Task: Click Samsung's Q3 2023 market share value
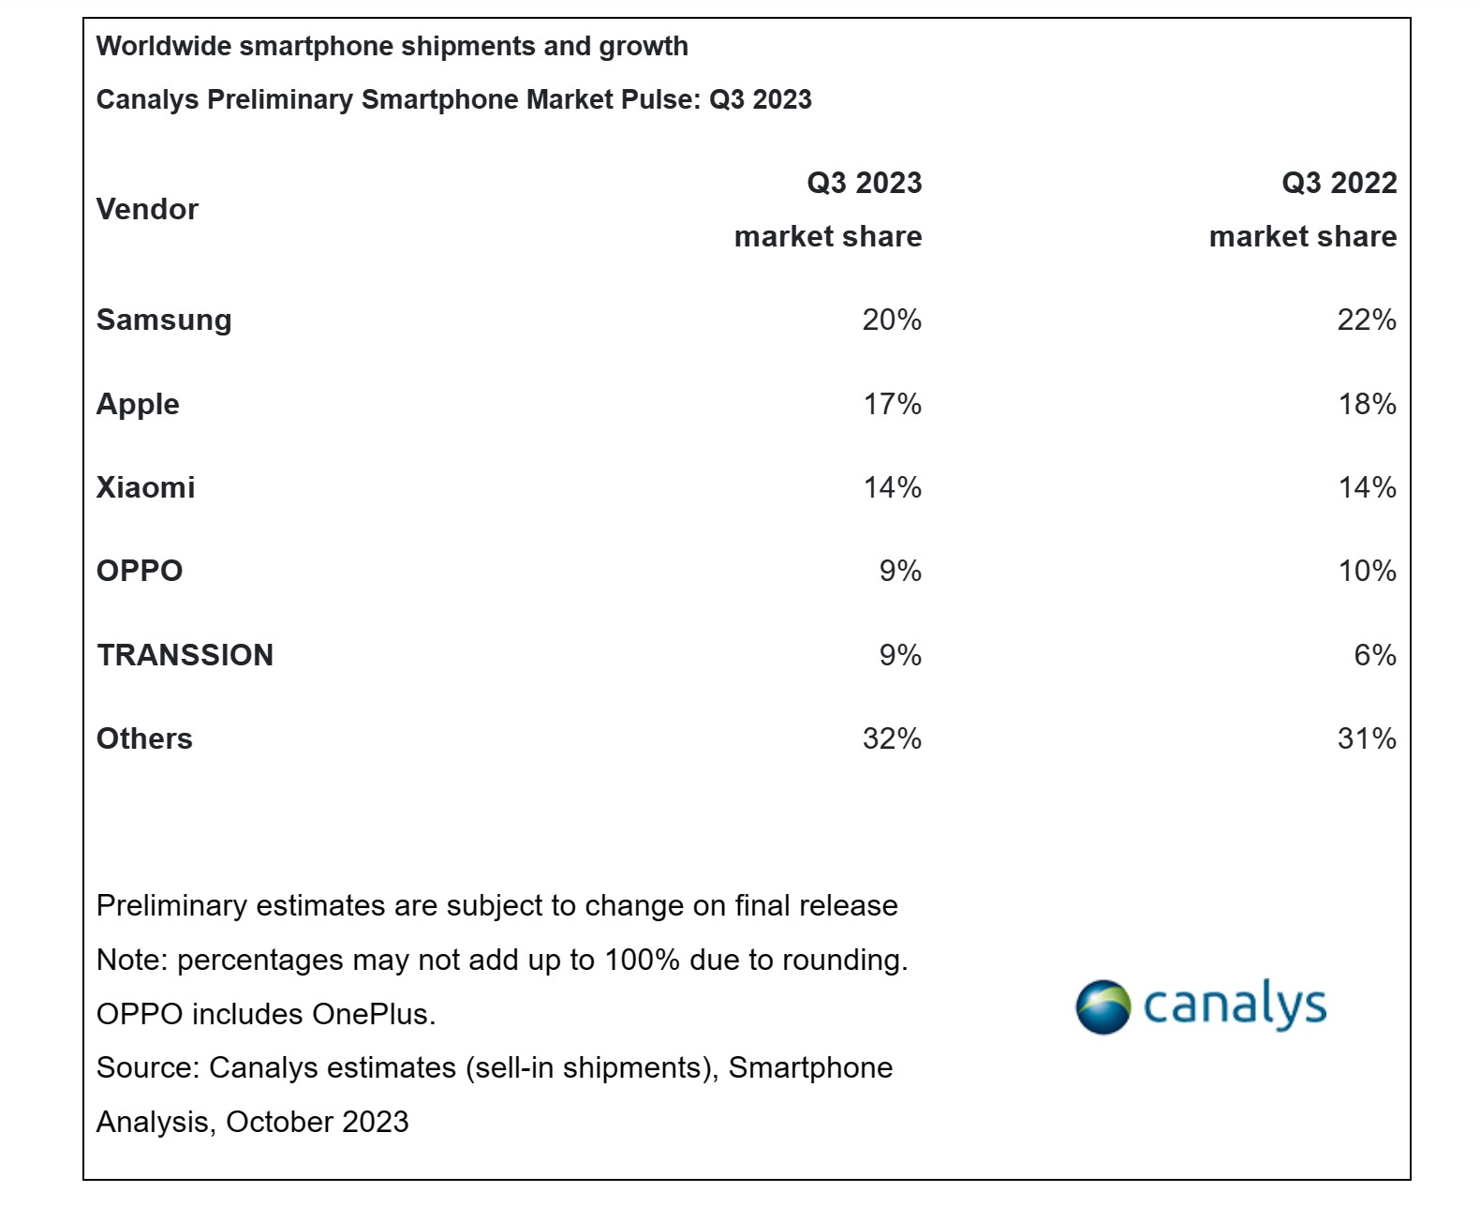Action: (x=891, y=320)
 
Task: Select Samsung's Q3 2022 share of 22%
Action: (x=1366, y=320)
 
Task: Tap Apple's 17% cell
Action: (x=892, y=405)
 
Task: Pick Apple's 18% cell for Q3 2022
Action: (x=1367, y=405)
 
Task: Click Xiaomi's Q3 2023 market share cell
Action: (x=892, y=488)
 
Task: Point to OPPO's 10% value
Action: (x=1367, y=572)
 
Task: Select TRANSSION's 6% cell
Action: (x=1374, y=655)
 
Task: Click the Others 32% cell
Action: (x=891, y=739)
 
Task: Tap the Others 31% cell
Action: (x=1366, y=739)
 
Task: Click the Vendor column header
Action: (x=147, y=209)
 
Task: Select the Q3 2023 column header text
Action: (x=864, y=184)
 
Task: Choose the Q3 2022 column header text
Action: (x=1339, y=184)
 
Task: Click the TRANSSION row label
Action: (x=185, y=655)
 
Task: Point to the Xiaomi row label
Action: (x=145, y=488)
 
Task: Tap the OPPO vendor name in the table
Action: (x=140, y=572)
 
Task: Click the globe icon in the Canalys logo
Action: (x=1103, y=1007)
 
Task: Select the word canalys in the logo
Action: (x=1235, y=1006)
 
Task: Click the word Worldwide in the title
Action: (x=164, y=47)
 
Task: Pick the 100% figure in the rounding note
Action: (x=642, y=961)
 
